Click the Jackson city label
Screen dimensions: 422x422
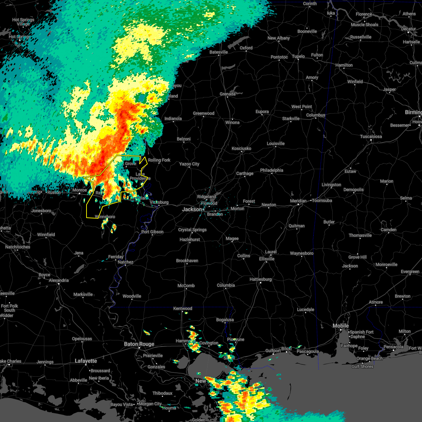(x=192, y=209)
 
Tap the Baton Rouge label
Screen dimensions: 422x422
(x=139, y=344)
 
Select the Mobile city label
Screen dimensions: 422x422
(x=340, y=326)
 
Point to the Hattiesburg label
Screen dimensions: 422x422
(x=261, y=279)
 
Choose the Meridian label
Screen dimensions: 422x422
(x=298, y=201)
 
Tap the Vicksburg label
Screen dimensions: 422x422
(x=159, y=202)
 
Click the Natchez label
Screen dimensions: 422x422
(x=126, y=262)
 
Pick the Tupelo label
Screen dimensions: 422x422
(x=298, y=56)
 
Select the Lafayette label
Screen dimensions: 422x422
(x=86, y=361)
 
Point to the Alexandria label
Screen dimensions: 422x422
(x=59, y=280)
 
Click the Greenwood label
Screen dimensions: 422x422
(x=204, y=113)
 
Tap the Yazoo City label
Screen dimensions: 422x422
(x=189, y=164)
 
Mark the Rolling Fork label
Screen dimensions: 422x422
(x=159, y=160)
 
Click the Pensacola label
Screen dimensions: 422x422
(x=393, y=347)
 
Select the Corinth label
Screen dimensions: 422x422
(x=310, y=4)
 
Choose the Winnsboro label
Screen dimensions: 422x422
(x=105, y=217)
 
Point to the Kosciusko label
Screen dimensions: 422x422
(x=241, y=148)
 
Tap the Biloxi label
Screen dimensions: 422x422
(x=286, y=349)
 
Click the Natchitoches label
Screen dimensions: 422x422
(x=18, y=247)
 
